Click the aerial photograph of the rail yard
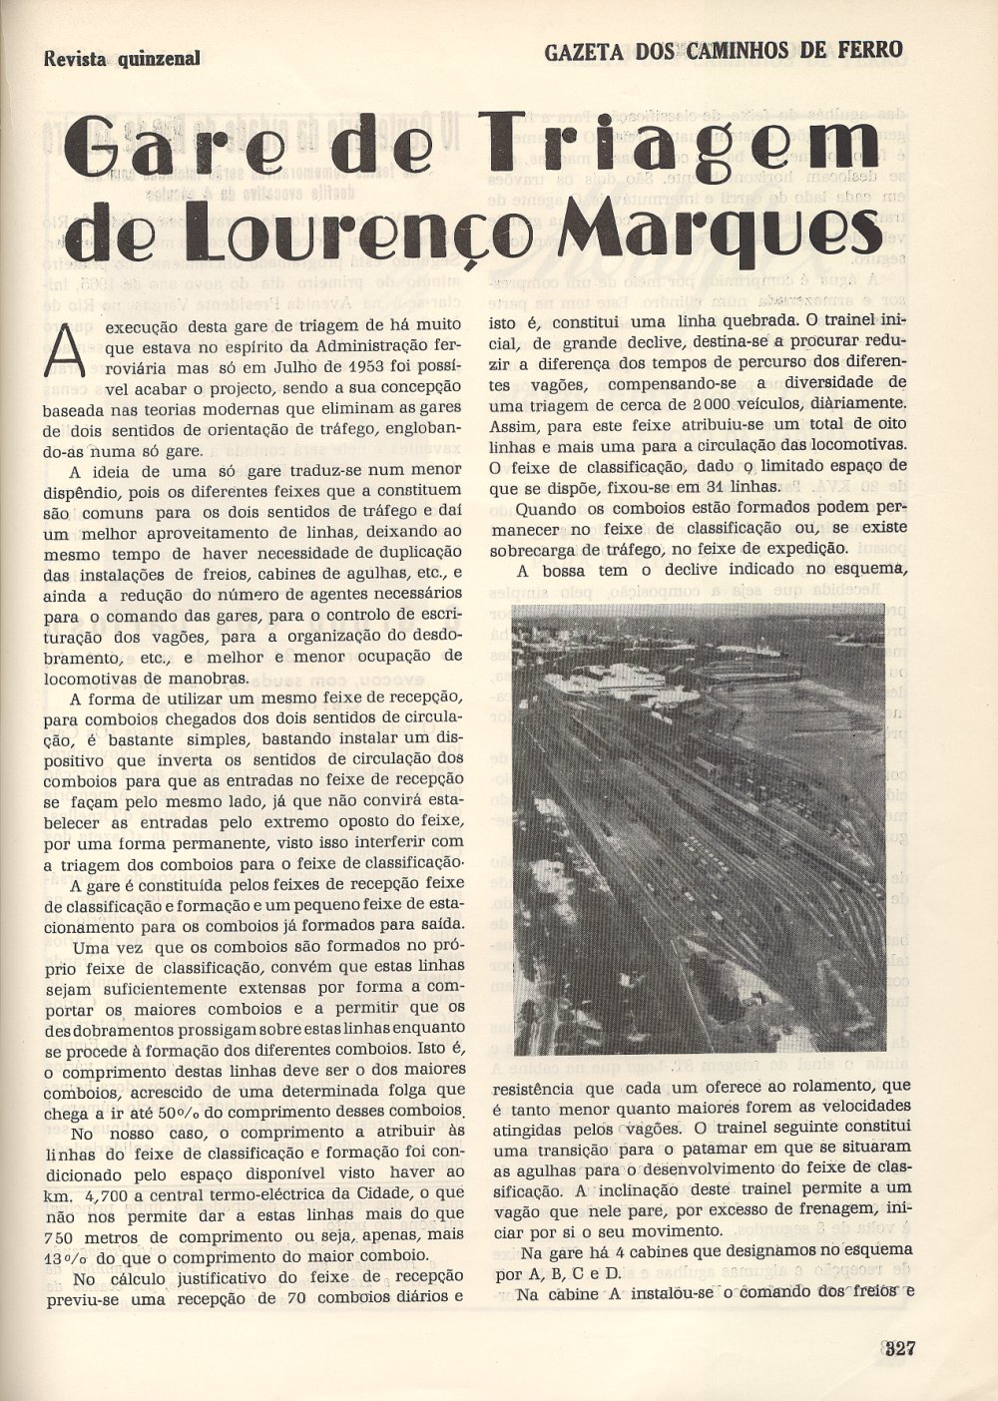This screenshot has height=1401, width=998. coord(699,828)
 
